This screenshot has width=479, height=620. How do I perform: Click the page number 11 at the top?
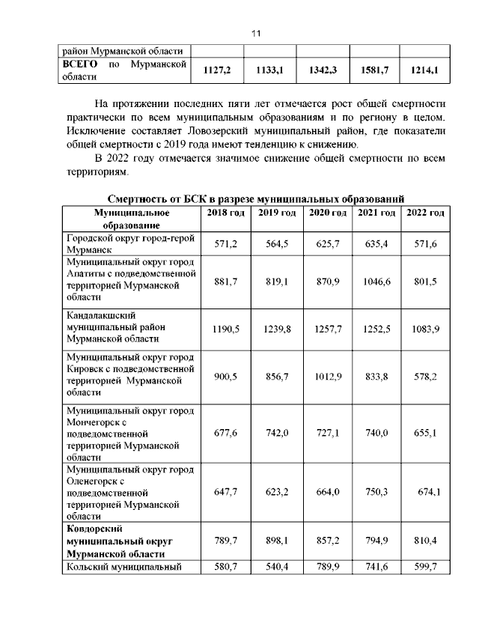[x=254, y=34]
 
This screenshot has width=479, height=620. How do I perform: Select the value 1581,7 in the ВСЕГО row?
[x=370, y=72]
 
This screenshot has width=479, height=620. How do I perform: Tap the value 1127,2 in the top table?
[x=218, y=72]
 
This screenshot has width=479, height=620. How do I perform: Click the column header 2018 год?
[x=225, y=213]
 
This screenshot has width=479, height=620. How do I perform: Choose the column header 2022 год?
[x=425, y=213]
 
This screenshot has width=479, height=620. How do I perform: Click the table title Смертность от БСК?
[x=255, y=198]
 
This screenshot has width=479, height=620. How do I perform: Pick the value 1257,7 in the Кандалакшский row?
[x=326, y=328]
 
